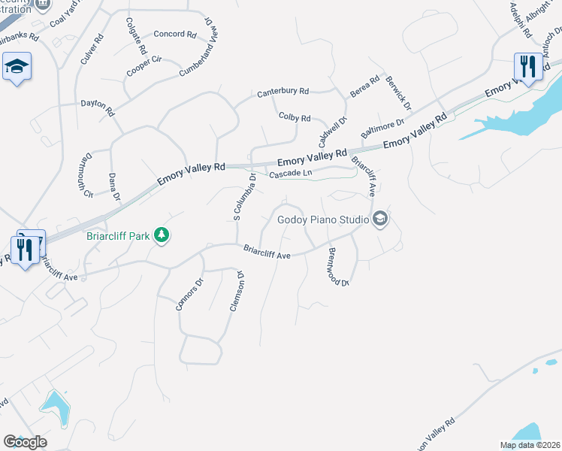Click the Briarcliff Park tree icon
coord(161,236)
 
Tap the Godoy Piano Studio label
coord(323,220)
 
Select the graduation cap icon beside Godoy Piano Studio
coord(380,219)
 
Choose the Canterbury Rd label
coord(283,92)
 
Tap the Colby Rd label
coord(295,118)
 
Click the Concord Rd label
coord(174,35)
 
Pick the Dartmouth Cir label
coord(83,176)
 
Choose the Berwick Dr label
coord(398,93)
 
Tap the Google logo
coord(25,442)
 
